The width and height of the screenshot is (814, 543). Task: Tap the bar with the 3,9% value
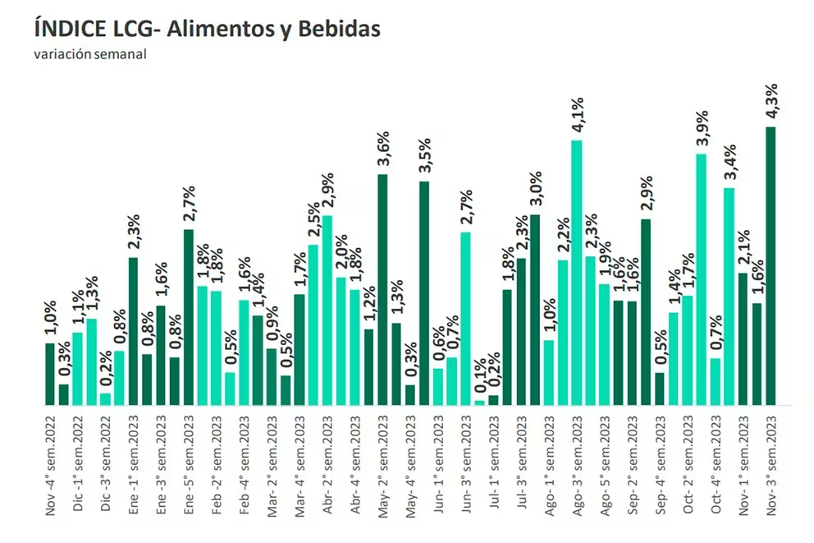(701, 279)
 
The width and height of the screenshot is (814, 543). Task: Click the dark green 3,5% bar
(424, 292)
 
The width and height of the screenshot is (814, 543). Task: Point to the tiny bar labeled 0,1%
(479, 403)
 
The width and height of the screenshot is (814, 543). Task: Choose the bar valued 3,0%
(535, 310)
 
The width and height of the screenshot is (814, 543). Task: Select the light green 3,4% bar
(729, 297)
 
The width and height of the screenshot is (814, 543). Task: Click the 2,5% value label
(313, 222)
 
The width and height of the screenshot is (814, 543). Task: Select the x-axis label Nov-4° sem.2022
(51, 463)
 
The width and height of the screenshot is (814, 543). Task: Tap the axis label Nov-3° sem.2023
(771, 463)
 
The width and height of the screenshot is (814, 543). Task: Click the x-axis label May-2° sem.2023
(382, 463)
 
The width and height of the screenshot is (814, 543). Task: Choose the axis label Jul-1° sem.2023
(493, 463)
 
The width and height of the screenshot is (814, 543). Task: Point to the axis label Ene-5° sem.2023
(189, 463)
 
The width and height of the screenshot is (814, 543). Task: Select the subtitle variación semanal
(90, 55)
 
